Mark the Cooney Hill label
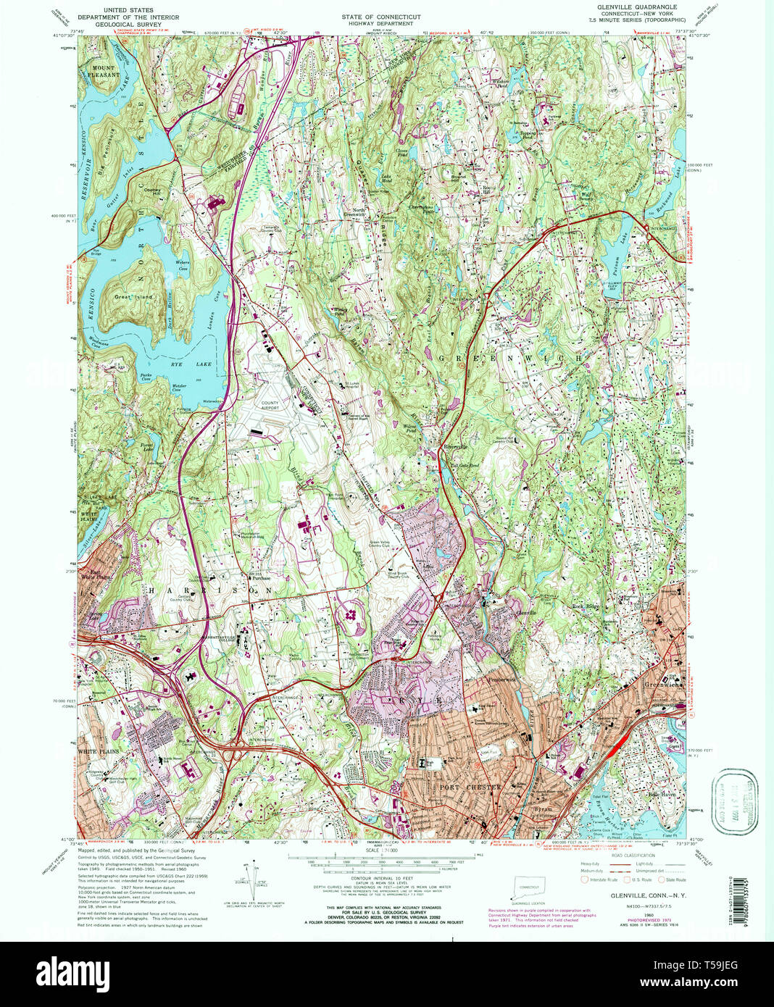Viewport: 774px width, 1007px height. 151,190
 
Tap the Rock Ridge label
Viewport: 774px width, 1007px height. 587,606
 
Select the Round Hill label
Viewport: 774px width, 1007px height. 458,175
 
